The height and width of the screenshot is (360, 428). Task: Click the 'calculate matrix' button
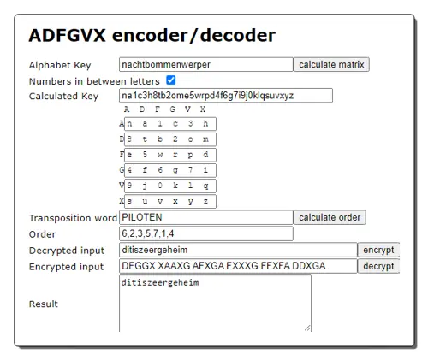pyautogui.click(x=331, y=64)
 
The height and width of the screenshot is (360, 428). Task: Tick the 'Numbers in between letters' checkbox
pyautogui.click(x=171, y=80)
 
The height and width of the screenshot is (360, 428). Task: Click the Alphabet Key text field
pyautogui.click(x=206, y=64)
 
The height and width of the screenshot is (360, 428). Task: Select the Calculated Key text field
pyautogui.click(x=226, y=95)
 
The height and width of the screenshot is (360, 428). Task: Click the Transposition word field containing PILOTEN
pyautogui.click(x=206, y=217)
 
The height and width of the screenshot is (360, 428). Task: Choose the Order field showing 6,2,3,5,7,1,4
pyautogui.click(x=206, y=233)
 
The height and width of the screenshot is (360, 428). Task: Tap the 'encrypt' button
pyautogui.click(x=378, y=250)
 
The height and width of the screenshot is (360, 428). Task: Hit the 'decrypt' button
pyautogui.click(x=378, y=266)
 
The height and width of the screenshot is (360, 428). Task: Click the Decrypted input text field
pyautogui.click(x=238, y=250)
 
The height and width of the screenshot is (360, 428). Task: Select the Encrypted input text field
pyautogui.click(x=238, y=266)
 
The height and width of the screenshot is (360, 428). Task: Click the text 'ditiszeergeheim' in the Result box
pyautogui.click(x=160, y=283)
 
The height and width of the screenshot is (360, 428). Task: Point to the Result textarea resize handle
pyautogui.click(x=307, y=328)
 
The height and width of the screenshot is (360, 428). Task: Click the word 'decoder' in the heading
pyautogui.click(x=238, y=36)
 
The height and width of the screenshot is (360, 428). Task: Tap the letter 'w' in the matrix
pyautogui.click(x=160, y=155)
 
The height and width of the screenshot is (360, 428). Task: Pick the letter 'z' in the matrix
pyautogui.click(x=205, y=201)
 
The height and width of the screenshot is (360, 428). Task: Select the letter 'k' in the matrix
pyautogui.click(x=175, y=186)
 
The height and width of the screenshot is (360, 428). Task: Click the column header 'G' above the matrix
pyautogui.click(x=172, y=109)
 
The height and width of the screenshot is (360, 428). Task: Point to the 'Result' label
pyautogui.click(x=44, y=304)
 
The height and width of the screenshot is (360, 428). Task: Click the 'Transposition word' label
pyautogui.click(x=73, y=218)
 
